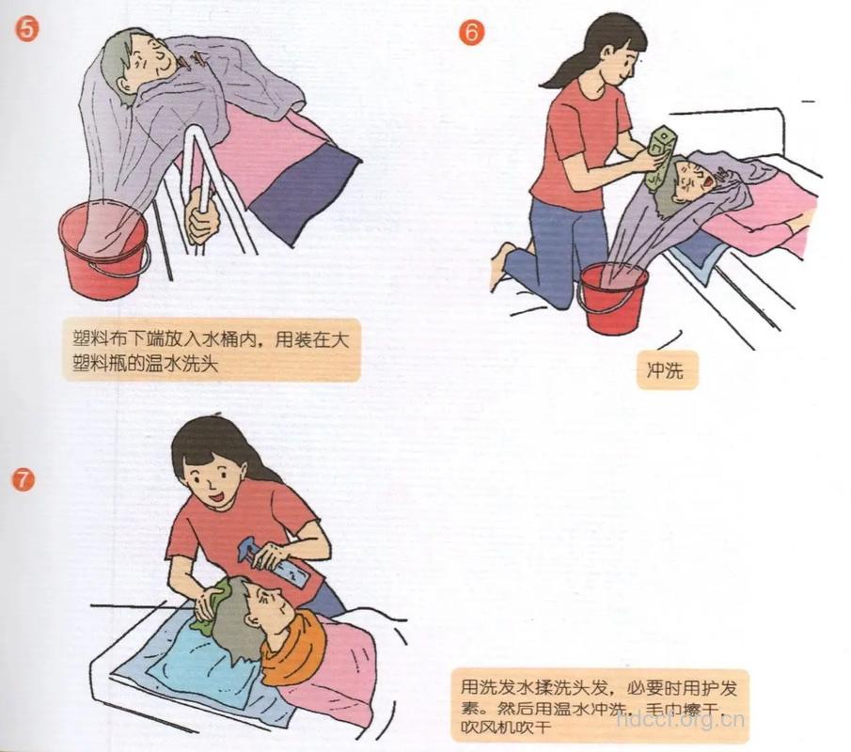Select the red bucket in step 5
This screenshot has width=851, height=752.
click(102, 254)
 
